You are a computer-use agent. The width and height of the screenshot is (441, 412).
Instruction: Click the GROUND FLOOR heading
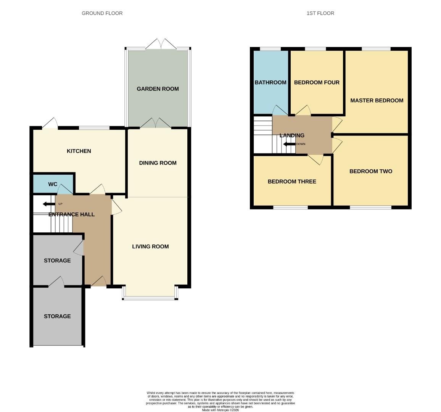[102, 13]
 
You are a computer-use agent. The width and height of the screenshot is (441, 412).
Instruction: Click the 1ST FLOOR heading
[320, 13]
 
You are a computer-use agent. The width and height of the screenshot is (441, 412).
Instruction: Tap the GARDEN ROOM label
[158, 89]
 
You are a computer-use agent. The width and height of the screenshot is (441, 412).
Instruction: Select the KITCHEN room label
[79, 151]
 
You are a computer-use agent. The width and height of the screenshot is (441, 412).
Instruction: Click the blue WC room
[53, 184]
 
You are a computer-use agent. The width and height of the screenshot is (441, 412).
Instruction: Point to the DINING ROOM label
[158, 163]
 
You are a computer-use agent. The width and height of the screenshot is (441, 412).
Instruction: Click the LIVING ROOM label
[150, 246]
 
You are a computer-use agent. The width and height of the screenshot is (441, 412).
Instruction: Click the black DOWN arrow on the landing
[289, 144]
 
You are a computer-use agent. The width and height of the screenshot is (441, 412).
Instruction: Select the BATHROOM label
[270, 82]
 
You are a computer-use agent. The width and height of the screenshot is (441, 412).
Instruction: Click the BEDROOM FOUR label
[317, 82]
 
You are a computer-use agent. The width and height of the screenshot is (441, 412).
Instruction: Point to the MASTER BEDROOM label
[377, 100]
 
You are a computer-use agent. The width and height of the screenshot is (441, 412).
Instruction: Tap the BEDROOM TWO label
[371, 171]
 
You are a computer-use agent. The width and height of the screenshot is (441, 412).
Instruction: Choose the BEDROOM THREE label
[292, 182]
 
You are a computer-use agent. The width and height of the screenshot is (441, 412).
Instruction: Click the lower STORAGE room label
[57, 316]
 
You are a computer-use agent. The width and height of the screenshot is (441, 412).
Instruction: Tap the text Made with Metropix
[220, 410]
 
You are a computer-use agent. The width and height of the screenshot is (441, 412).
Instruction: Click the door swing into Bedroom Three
[315, 159]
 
